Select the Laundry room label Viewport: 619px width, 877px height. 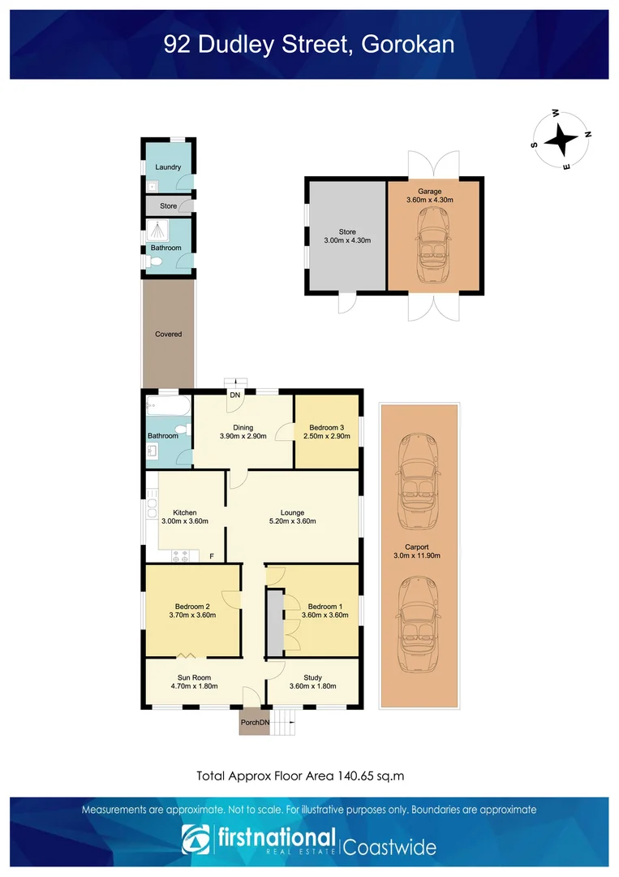[168, 167]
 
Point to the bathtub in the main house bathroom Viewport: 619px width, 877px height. [168, 404]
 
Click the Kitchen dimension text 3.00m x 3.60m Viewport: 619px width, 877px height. [185, 521]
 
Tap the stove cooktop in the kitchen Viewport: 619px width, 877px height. [181, 556]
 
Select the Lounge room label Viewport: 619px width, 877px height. [292, 512]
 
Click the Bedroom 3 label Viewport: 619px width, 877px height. [327, 427]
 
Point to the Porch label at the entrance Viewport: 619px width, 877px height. [250, 722]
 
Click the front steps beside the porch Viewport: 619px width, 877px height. [283, 720]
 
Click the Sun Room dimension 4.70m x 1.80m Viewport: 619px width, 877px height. [193, 686]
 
